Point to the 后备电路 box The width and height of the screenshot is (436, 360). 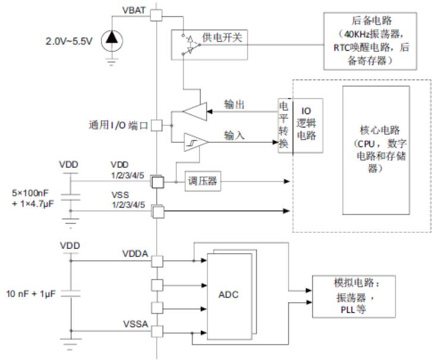[373, 40]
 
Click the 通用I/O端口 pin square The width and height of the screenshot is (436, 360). [157, 125]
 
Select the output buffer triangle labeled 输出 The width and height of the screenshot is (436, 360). [194, 112]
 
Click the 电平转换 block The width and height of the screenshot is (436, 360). [285, 125]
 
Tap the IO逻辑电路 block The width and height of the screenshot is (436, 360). [307, 125]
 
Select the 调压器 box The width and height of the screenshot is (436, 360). [202, 182]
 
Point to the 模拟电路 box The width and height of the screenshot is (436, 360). [354, 296]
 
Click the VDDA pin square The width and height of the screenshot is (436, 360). [157, 261]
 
